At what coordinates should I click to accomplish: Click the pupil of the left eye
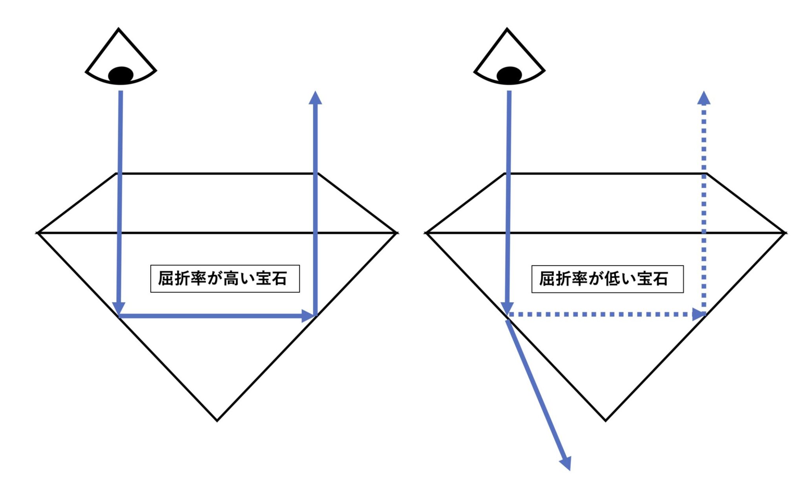[x=121, y=75]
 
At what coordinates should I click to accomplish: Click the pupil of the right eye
[x=509, y=75]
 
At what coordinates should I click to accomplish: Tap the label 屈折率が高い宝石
[x=225, y=279]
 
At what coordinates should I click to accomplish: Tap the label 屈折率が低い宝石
[x=607, y=279]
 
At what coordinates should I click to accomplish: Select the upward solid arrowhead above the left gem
[x=315, y=98]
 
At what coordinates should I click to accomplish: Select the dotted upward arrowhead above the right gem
[x=704, y=98]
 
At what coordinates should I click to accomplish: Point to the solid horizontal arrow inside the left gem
[x=217, y=316]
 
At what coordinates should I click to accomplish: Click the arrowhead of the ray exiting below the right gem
[x=566, y=463]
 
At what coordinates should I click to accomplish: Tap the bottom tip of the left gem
[x=217, y=421]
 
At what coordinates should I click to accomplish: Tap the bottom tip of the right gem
[x=605, y=421]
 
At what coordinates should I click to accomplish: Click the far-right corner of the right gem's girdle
[x=785, y=233]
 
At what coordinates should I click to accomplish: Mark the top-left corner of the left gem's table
[x=116, y=173]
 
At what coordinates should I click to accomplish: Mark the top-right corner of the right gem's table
[x=707, y=173]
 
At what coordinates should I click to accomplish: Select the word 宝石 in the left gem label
[x=271, y=279]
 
